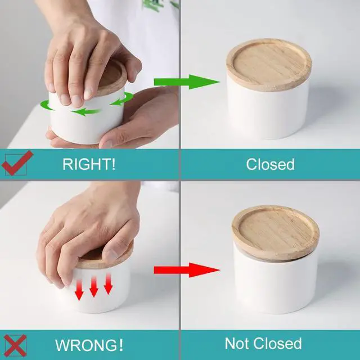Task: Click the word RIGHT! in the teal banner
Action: pyautogui.click(x=89, y=164)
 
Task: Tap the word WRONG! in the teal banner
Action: pyautogui.click(x=89, y=345)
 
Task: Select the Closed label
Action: pyautogui.click(x=270, y=164)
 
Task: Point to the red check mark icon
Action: pyautogui.click(x=17, y=163)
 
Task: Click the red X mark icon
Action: pyautogui.click(x=15, y=345)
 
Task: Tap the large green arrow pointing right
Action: pyautogui.click(x=187, y=82)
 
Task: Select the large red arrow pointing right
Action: pyautogui.click(x=187, y=270)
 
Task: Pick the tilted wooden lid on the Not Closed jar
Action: pyautogui.click(x=276, y=232)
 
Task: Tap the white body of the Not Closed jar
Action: pyautogui.click(x=276, y=285)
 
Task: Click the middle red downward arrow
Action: pyautogui.click(x=94, y=286)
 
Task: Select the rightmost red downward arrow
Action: pyautogui.click(x=108, y=283)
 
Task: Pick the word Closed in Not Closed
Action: pyautogui.click(x=278, y=344)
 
